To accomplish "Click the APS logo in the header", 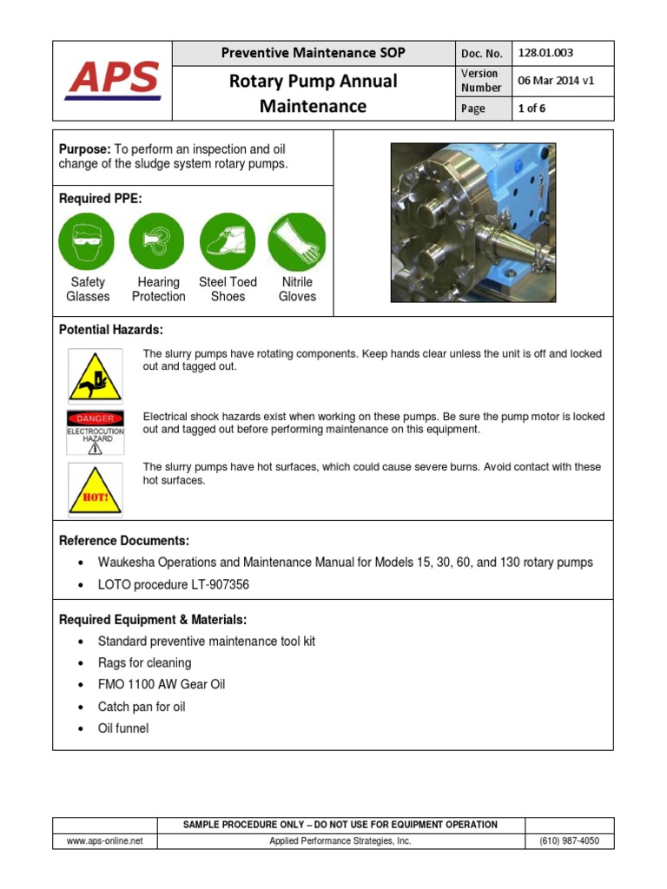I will (113, 80).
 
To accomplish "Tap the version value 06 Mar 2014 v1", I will (556, 81).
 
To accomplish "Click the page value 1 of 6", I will (532, 109).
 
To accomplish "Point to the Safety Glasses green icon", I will (87, 240).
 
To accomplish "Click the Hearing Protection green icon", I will (157, 240).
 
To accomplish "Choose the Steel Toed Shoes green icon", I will (228, 240).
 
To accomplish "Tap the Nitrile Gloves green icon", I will (297, 240).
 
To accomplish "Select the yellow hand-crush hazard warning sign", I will (95, 375).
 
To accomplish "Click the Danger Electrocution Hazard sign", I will (95, 432).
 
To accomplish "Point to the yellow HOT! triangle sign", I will (95, 491).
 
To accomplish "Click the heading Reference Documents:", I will (123, 541).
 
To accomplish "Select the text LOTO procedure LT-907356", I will (173, 585).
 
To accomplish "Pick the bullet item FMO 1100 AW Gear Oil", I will (161, 684).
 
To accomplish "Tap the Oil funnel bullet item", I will (122, 728).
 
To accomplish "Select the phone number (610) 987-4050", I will (569, 841).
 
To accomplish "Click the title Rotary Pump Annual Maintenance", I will (312, 94).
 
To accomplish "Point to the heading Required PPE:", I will (100, 199).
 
